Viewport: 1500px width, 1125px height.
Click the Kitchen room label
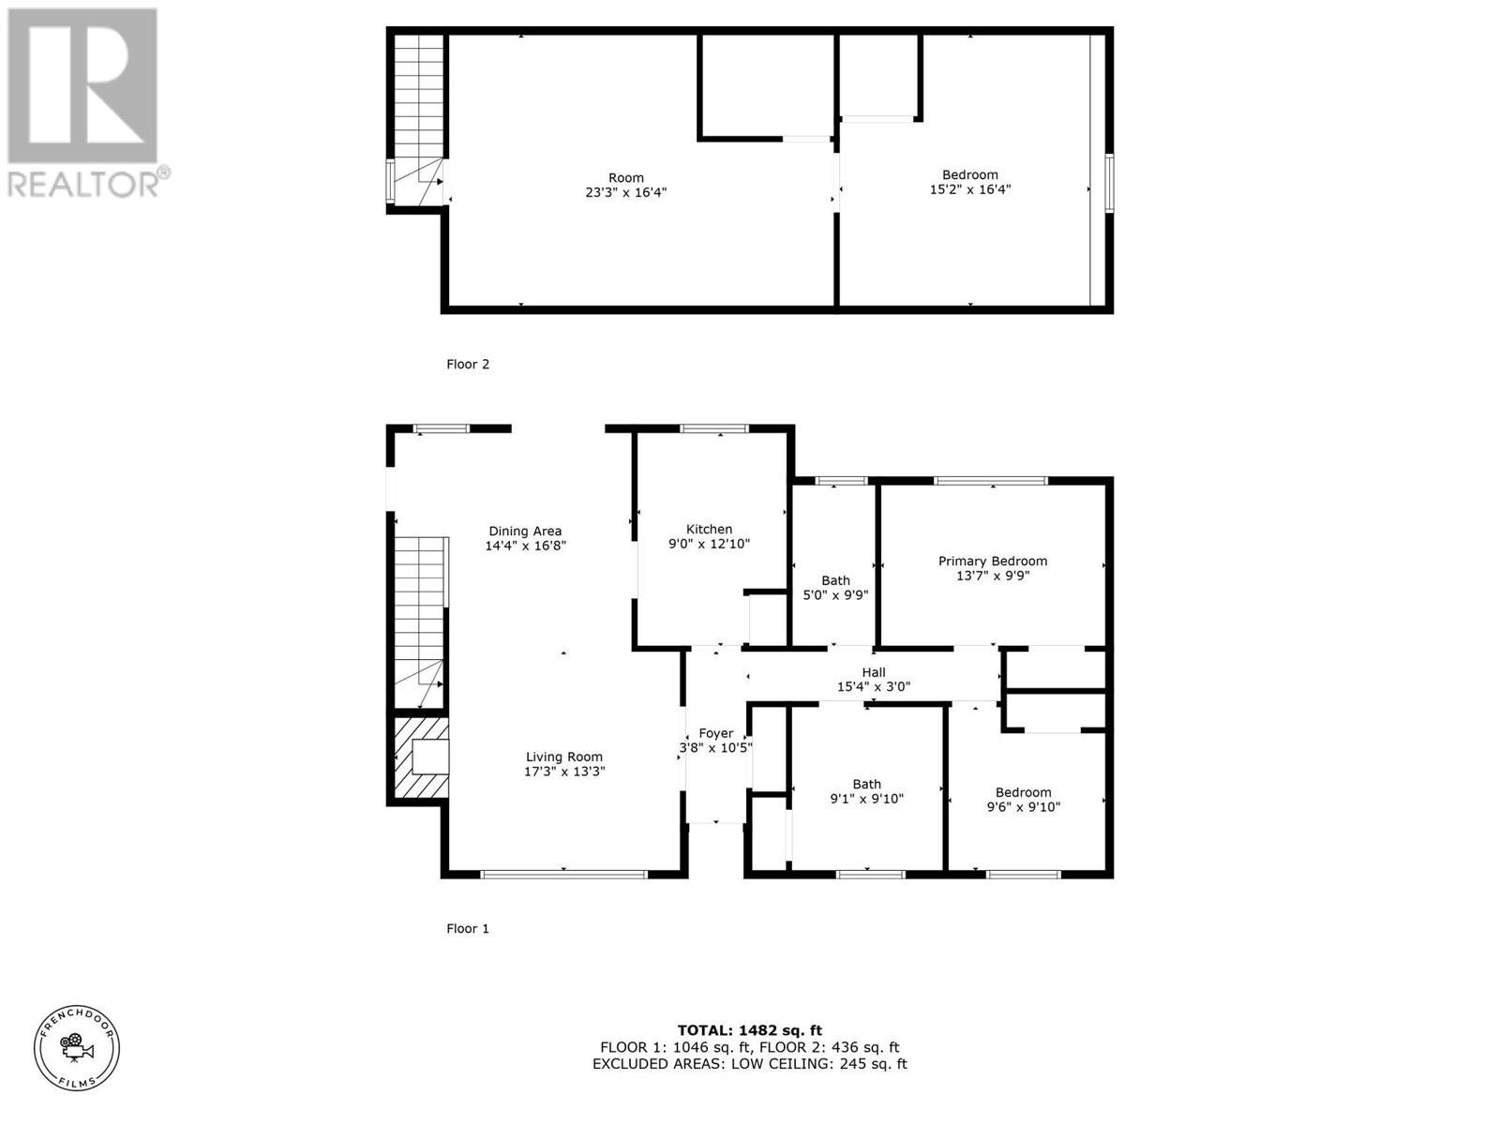click(709, 529)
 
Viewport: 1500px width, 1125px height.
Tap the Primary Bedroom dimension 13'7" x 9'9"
click(993, 576)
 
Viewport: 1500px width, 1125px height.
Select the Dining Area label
click(525, 531)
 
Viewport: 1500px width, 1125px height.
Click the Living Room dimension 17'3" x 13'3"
click(564, 772)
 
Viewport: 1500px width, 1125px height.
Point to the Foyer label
click(715, 733)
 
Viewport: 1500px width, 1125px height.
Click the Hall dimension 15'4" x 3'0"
click(873, 686)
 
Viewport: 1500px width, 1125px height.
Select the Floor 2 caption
click(467, 364)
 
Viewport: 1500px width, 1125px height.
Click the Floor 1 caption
click(467, 928)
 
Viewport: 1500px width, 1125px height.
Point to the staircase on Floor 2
click(417, 117)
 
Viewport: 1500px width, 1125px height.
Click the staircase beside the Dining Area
click(418, 619)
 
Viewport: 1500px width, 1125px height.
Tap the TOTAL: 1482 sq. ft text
click(749, 1030)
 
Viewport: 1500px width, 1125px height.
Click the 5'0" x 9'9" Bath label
click(835, 588)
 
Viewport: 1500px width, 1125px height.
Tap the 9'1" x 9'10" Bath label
click(866, 791)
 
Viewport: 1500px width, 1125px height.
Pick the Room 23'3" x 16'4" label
click(625, 185)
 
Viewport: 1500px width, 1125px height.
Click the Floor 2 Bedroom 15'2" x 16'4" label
click(969, 182)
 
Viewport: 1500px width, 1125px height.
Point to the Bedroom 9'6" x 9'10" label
click(1023, 799)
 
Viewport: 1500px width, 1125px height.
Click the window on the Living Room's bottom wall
click(563, 875)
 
